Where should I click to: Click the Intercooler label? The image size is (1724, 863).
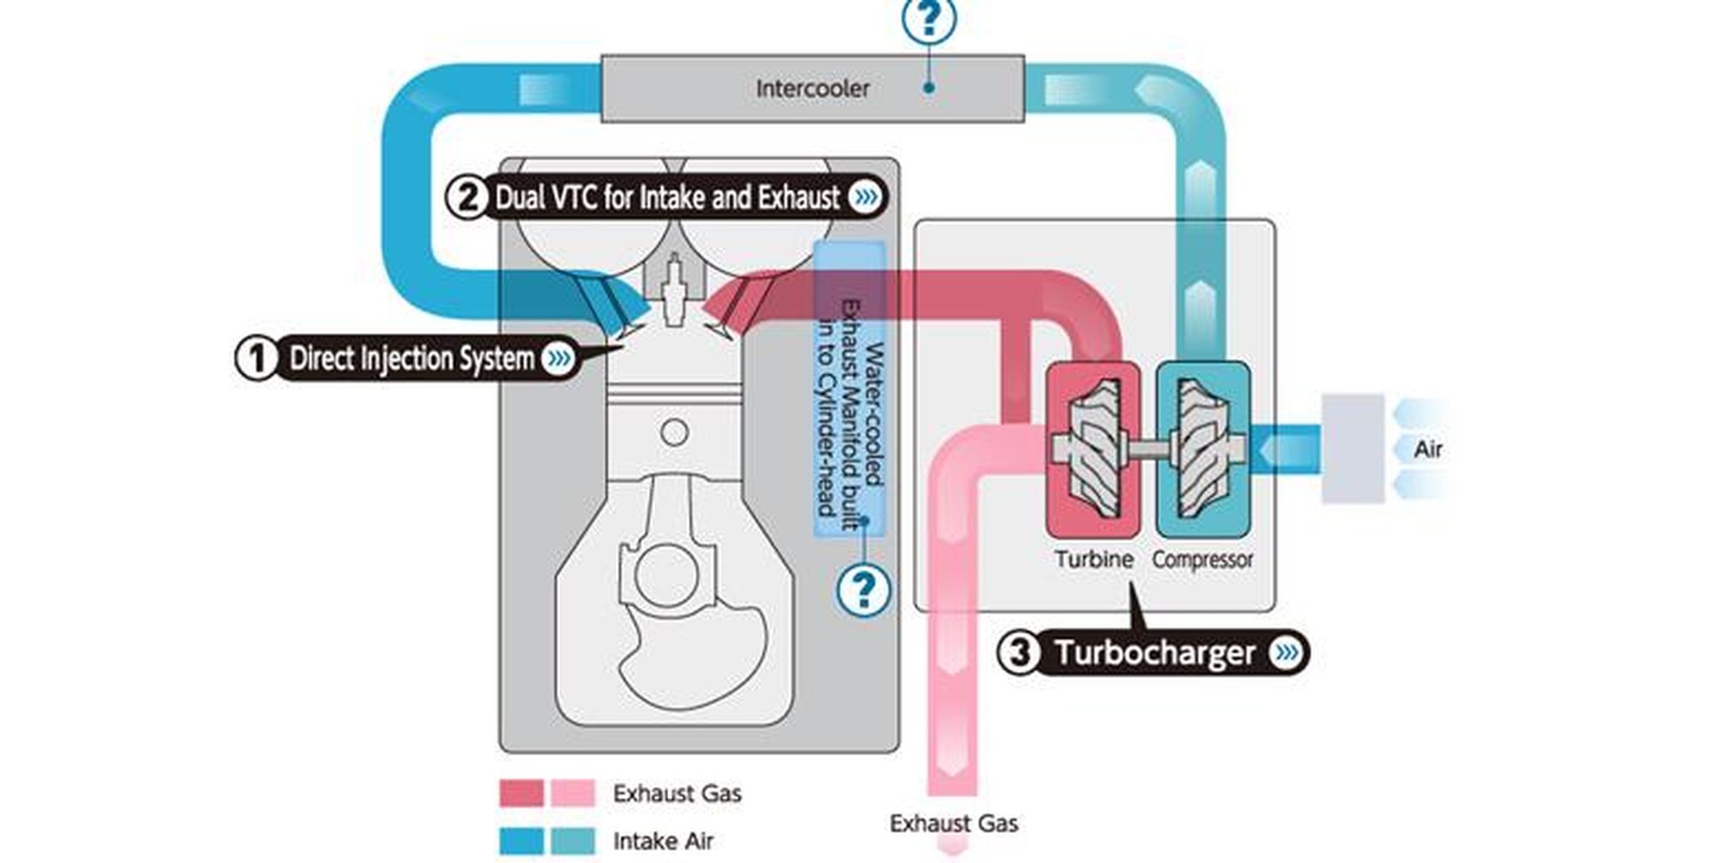coord(812,88)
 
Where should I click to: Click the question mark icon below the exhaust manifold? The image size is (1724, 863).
coord(863,590)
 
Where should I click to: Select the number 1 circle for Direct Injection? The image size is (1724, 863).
coord(256,358)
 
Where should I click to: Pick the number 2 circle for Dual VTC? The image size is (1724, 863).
coord(467,198)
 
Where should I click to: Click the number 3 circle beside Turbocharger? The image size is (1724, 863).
coord(1019,653)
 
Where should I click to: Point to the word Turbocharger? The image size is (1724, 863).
coord(1154,653)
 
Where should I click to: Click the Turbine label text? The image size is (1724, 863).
coord(1093,560)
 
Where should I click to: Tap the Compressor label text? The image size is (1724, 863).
coord(1202,560)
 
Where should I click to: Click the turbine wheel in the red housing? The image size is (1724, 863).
coord(1093,449)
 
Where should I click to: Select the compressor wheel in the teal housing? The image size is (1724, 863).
coord(1203,449)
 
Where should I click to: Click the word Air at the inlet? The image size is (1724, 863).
coord(1427,449)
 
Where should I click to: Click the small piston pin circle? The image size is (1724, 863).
coord(675,432)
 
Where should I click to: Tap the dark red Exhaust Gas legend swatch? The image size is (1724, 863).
coord(521,794)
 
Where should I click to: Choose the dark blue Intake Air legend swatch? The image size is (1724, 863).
coord(521,841)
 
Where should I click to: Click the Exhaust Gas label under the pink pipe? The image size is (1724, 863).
coord(953,824)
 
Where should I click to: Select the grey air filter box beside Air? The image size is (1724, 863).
coord(1353,449)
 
